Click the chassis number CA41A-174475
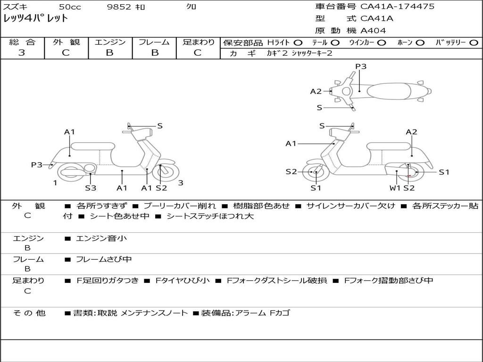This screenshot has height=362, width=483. (397, 7)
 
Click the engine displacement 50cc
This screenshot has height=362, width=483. (69, 7)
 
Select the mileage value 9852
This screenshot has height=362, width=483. (119, 7)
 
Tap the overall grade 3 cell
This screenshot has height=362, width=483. (22, 53)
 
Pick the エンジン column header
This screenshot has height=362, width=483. (110, 42)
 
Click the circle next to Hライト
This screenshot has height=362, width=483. (298, 42)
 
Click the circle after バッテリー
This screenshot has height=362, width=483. (474, 42)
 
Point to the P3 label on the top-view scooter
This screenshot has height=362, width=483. (361, 66)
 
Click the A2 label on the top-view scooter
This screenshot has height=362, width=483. (316, 91)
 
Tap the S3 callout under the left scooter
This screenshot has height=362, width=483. (91, 188)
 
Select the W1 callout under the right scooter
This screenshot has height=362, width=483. (395, 188)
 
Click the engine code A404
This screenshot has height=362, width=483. (373, 31)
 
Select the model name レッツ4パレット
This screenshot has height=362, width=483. (36, 19)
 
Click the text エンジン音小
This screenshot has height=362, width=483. (101, 239)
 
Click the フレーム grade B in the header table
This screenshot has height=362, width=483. (155, 53)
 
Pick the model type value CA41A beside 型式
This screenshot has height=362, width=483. (377, 19)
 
